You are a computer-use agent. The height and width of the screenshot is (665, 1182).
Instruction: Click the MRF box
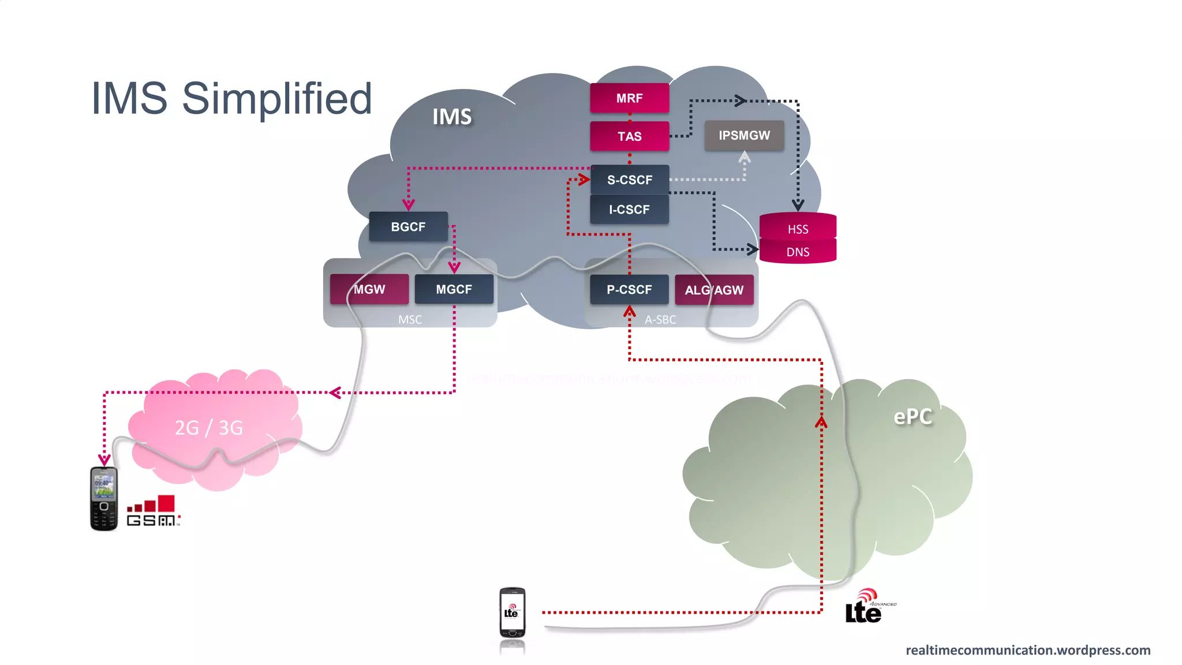[x=629, y=98]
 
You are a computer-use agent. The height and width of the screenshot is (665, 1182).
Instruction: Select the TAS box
[x=629, y=136]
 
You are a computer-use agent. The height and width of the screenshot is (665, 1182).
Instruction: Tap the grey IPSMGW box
[x=744, y=135]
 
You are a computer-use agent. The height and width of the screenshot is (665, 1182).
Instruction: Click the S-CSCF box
[x=629, y=180]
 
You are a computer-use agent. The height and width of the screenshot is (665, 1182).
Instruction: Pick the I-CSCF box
[x=629, y=210]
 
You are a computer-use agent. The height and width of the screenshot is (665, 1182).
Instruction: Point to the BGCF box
[x=408, y=227]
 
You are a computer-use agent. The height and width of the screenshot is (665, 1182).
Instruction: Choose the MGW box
[x=369, y=289]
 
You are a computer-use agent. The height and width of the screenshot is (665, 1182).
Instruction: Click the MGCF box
[x=454, y=289]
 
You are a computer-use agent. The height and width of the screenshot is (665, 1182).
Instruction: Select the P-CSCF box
[x=629, y=289]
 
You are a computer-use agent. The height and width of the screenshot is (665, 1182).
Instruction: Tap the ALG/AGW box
[x=714, y=290]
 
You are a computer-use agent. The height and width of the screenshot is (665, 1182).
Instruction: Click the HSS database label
[x=798, y=229]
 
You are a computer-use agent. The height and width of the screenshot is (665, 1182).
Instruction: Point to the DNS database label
[x=798, y=252]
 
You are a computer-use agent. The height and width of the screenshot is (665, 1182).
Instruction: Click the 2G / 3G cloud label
[x=208, y=428]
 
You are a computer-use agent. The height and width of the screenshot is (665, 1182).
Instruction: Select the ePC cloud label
[x=912, y=416]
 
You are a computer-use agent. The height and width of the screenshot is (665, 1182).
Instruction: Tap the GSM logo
[x=153, y=511]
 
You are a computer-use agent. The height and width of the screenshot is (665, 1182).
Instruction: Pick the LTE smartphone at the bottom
[x=512, y=613]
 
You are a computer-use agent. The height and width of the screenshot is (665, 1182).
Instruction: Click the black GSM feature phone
[x=104, y=499]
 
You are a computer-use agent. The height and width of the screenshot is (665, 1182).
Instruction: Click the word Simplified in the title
[x=277, y=98]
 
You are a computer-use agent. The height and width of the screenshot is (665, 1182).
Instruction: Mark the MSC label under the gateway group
[x=410, y=319]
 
